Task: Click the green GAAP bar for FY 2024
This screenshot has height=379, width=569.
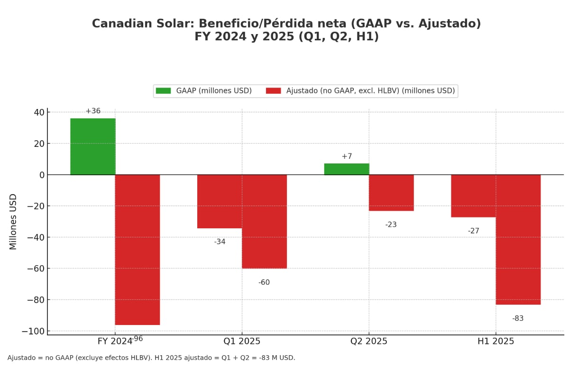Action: click(x=92, y=146)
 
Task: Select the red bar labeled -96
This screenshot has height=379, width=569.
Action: click(x=138, y=250)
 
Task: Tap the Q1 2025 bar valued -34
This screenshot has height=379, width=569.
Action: click(x=220, y=201)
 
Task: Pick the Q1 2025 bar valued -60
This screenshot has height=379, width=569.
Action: click(x=264, y=221)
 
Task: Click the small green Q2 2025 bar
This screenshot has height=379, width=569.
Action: click(x=347, y=169)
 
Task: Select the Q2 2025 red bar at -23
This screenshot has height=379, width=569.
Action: click(x=391, y=192)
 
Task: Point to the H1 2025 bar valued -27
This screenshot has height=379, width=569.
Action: click(x=473, y=196)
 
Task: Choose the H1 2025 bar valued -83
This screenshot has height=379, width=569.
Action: click(x=518, y=239)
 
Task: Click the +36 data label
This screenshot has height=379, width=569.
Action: click(x=93, y=111)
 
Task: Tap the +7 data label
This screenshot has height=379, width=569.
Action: click(x=347, y=156)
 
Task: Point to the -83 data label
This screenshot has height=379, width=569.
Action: click(x=518, y=318)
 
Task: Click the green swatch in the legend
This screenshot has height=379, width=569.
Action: click(x=163, y=90)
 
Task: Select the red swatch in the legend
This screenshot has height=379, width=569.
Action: click(x=273, y=90)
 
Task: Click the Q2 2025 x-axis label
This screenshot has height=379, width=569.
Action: click(x=369, y=341)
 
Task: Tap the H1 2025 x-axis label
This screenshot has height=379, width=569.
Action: click(x=496, y=341)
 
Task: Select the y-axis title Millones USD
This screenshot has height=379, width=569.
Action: click(x=13, y=221)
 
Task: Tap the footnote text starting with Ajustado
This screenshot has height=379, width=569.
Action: click(x=151, y=358)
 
